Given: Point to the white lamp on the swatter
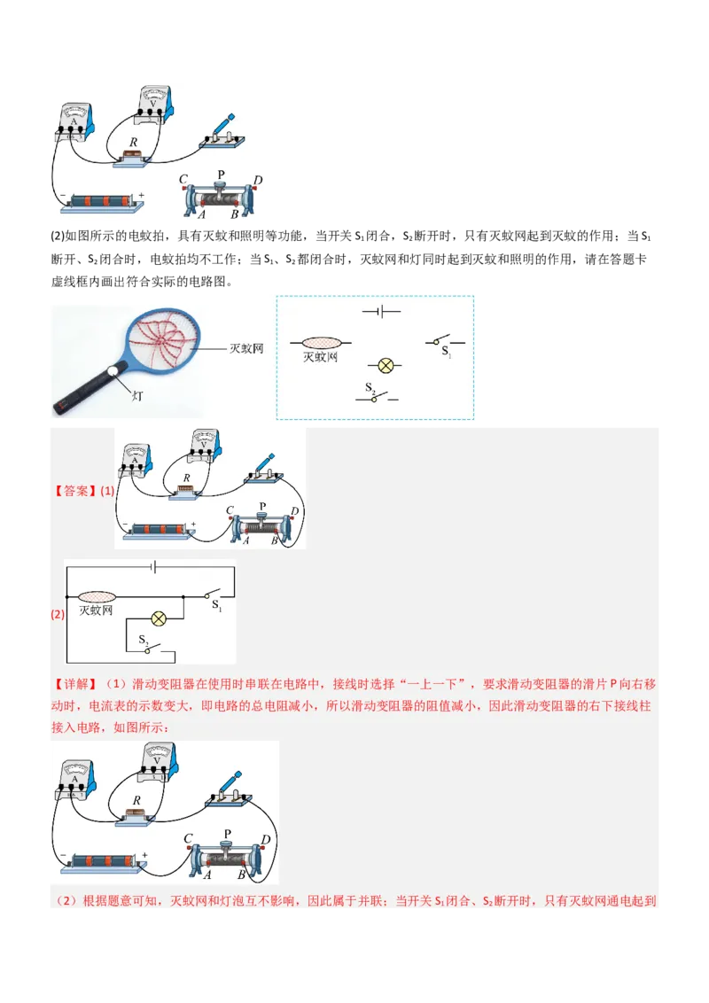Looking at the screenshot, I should [x=113, y=374].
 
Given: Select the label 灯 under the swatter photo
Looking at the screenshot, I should [x=137, y=398].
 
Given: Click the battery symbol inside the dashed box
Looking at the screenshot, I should [x=381, y=312].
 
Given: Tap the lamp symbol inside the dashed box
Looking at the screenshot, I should [x=386, y=365].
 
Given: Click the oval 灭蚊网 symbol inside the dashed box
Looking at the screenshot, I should [x=321, y=342].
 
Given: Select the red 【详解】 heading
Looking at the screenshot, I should [x=74, y=685].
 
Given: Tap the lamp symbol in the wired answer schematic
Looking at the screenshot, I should [x=160, y=618].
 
